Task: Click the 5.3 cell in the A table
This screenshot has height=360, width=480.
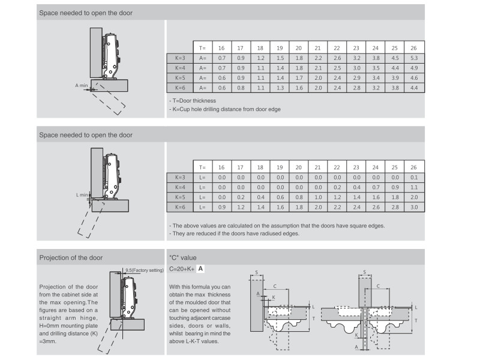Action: click(414, 58)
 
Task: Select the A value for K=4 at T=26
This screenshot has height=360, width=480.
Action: click(414, 68)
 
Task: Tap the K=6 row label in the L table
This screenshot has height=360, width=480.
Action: click(181, 207)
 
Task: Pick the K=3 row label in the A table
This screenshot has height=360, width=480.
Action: click(181, 58)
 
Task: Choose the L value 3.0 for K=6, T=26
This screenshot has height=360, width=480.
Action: click(414, 207)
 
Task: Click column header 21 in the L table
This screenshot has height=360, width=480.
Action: click(318, 167)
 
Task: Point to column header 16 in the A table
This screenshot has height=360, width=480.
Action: click(221, 47)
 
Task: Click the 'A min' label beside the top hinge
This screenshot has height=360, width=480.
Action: click(82, 86)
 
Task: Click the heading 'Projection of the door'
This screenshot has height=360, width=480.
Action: click(71, 257)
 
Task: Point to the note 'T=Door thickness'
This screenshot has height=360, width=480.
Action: click(193, 101)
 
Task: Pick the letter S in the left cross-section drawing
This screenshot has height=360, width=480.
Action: click(257, 273)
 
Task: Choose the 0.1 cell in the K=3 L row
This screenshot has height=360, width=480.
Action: click(414, 177)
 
